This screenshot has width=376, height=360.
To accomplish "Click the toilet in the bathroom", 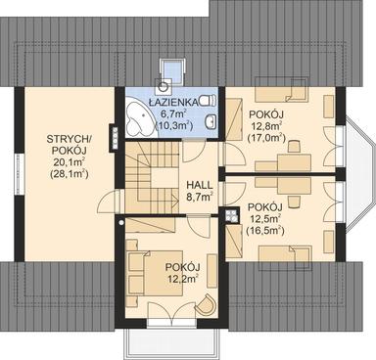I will click(207, 100).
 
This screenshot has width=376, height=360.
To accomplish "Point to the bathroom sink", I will click(211, 122).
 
